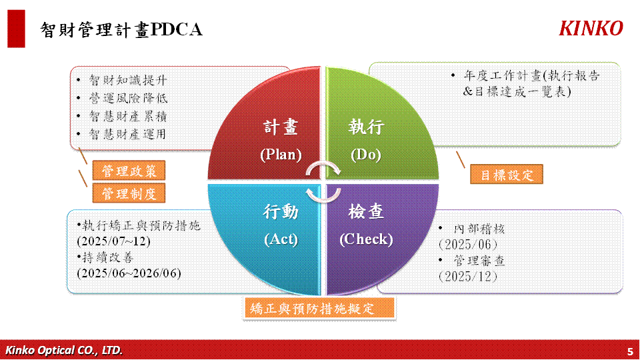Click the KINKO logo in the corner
point(591,29)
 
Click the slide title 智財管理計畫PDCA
point(121,30)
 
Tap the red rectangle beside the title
point(16,29)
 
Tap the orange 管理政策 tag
point(129,171)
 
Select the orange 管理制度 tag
point(129,193)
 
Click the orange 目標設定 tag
point(507,175)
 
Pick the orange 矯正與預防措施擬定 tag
point(319,308)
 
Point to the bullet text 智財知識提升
point(128,80)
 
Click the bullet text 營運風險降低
point(128,98)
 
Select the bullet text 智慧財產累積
point(128,116)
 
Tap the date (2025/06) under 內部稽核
point(468,245)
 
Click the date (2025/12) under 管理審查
point(468,277)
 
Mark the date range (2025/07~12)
point(113,241)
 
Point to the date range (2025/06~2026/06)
point(129,273)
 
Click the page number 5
point(630,351)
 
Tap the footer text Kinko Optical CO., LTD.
point(64,350)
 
